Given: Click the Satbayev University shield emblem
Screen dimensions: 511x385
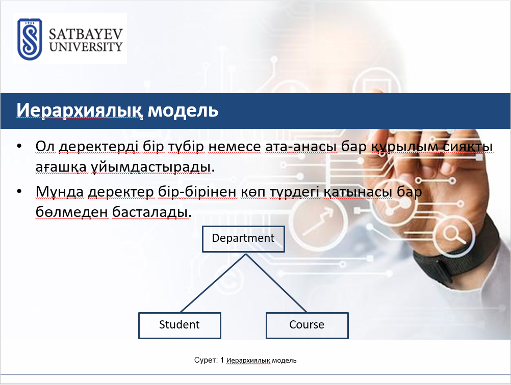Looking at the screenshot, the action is [x=30, y=39].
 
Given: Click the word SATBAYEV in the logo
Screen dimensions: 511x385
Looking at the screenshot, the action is [x=86, y=34].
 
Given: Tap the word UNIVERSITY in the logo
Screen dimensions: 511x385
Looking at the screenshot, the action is [x=86, y=47].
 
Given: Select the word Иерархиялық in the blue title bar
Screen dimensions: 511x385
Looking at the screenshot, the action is [x=80, y=111].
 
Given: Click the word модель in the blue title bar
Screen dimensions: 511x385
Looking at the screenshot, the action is [x=183, y=111].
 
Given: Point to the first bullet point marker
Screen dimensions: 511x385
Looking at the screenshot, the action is [x=19, y=146].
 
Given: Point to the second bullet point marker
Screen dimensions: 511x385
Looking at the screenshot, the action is [x=19, y=191].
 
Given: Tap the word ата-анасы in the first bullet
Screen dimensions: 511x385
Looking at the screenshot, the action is [x=300, y=147].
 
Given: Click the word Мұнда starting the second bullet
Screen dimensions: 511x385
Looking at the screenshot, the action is [x=59, y=191].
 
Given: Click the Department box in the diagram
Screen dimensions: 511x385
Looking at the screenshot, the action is [x=243, y=239].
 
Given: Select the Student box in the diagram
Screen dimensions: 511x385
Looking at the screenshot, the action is [x=180, y=325].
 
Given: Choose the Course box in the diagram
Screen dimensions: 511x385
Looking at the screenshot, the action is [x=307, y=325].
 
